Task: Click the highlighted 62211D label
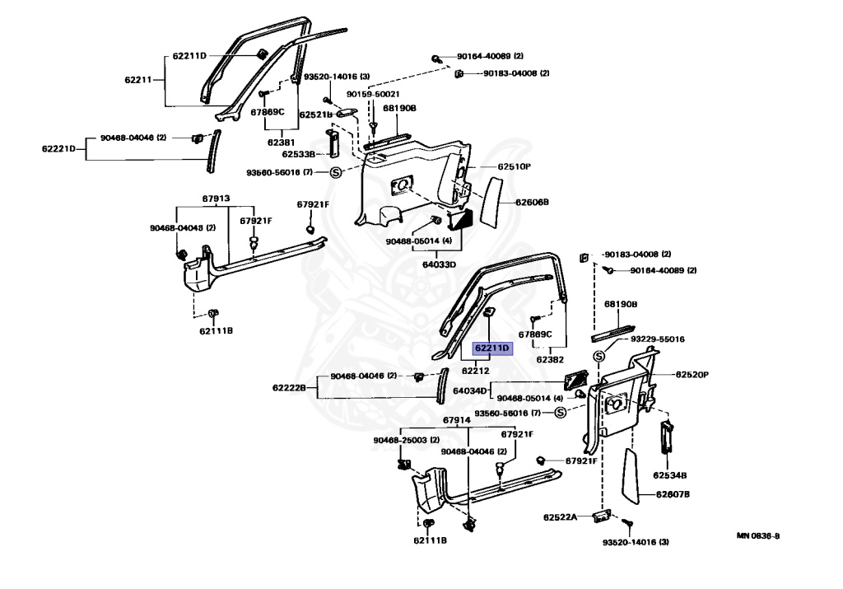[492, 348]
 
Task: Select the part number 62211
[138, 80]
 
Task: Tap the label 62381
[282, 143]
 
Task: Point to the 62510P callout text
[514, 166]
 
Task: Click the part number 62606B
[532, 203]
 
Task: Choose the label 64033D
[439, 264]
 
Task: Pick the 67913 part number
[217, 199]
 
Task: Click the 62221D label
[58, 148]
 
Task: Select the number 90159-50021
[373, 94]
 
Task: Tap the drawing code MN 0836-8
[758, 535]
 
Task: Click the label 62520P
[692, 374]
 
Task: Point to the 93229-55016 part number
[658, 339]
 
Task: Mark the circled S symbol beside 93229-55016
[599, 356]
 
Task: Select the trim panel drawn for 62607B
[631, 477]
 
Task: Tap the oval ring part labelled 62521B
[347, 113]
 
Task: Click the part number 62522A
[560, 517]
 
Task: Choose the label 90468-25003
[399, 440]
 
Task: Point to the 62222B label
[289, 388]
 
